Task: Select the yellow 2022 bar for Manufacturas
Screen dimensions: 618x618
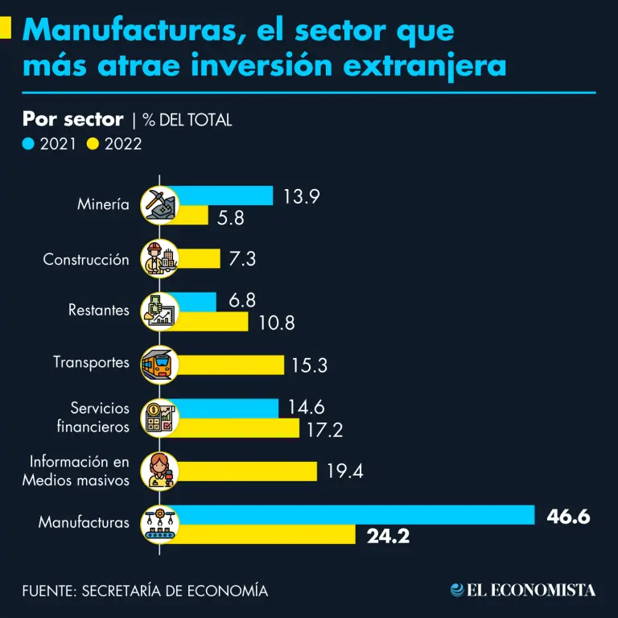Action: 265,534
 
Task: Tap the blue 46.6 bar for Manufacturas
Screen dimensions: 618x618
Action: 354,514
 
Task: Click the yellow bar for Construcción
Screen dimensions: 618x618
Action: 197,258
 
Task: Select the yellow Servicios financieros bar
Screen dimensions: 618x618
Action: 237,428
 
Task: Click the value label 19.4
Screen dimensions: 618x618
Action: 344,472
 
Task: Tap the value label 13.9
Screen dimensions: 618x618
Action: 302,196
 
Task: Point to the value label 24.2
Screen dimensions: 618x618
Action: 388,535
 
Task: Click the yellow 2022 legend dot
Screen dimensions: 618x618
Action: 93,144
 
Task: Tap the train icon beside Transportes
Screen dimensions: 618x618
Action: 159,365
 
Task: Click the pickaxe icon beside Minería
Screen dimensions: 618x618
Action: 159,204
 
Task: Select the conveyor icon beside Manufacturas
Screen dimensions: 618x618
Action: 159,523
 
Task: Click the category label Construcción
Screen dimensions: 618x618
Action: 86,260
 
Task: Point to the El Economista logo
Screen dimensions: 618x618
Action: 523,590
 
